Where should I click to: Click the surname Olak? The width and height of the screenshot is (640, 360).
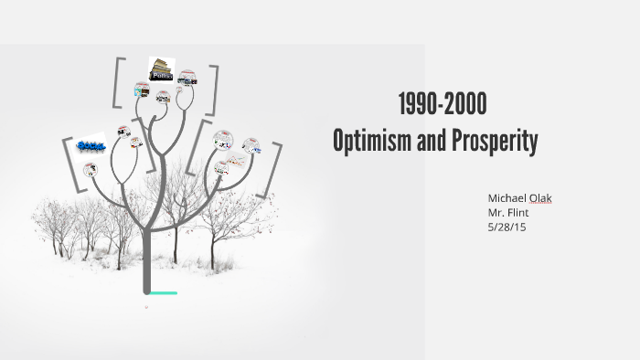(x=550, y=199)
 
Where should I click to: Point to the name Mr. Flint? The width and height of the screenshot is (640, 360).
(x=508, y=213)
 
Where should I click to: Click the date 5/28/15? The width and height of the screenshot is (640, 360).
(x=507, y=227)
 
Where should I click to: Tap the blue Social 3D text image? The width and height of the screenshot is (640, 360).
(x=91, y=145)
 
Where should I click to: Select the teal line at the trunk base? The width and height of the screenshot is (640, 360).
(x=163, y=293)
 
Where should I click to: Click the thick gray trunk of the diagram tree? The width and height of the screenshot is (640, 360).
(x=146, y=256)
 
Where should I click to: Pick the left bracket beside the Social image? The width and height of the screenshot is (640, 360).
(x=67, y=164)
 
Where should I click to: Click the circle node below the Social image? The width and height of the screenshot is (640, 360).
(x=90, y=169)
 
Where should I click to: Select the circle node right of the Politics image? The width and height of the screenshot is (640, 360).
(x=187, y=77)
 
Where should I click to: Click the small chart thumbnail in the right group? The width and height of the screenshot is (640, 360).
(x=251, y=145)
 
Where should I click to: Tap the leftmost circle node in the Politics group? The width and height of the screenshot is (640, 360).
(x=141, y=90)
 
